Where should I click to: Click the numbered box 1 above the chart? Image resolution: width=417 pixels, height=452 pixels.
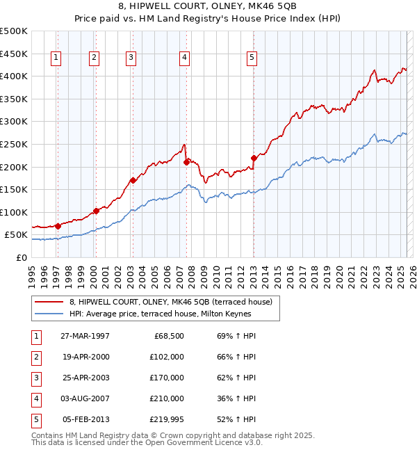coord(56,58)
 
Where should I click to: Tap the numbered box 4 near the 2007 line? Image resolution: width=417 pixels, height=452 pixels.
coord(184,58)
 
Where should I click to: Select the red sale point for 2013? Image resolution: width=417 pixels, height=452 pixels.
coord(254,158)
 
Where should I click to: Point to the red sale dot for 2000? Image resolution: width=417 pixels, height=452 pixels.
coord(96,211)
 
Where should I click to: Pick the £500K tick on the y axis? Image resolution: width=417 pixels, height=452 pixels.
coord(14,31)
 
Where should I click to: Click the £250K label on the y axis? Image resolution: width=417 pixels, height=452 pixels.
coord(14,144)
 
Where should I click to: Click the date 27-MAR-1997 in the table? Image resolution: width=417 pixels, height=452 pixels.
coord(85,336)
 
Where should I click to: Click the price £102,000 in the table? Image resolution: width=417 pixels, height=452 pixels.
coord(166,357)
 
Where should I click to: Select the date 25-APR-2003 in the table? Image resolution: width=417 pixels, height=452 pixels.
coord(85,378)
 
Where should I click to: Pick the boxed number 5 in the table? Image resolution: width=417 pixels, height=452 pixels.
coord(34,419)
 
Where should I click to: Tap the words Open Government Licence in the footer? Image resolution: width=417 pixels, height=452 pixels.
coord(211,442)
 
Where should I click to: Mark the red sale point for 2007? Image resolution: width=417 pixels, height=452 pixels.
coord(186,162)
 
